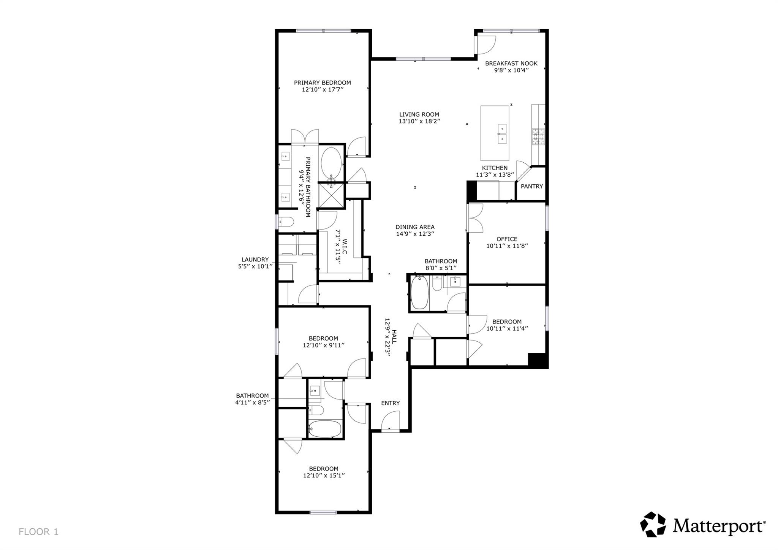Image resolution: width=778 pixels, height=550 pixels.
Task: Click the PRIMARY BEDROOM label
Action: [322, 82]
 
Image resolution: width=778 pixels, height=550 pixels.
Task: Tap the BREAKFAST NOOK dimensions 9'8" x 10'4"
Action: [511, 70]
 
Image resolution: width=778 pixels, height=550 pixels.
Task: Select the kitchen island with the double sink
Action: [494, 133]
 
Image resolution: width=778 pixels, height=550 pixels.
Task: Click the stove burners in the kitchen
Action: [538, 137]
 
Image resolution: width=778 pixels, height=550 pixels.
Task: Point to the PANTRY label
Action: [531, 186]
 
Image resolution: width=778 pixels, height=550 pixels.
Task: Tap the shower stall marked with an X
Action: [331, 195]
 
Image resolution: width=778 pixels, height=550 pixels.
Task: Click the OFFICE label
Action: [507, 239]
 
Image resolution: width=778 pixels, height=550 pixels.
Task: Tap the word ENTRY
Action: [390, 403]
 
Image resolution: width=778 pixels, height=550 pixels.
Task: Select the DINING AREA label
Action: [415, 227]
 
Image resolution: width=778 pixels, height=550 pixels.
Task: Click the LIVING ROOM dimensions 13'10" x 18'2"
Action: [419, 121]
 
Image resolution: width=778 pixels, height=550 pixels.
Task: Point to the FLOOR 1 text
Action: [38, 531]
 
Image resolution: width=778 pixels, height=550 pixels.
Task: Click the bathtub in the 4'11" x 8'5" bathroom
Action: [325, 429]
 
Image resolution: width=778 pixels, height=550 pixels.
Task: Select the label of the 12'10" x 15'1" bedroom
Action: [323, 469]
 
